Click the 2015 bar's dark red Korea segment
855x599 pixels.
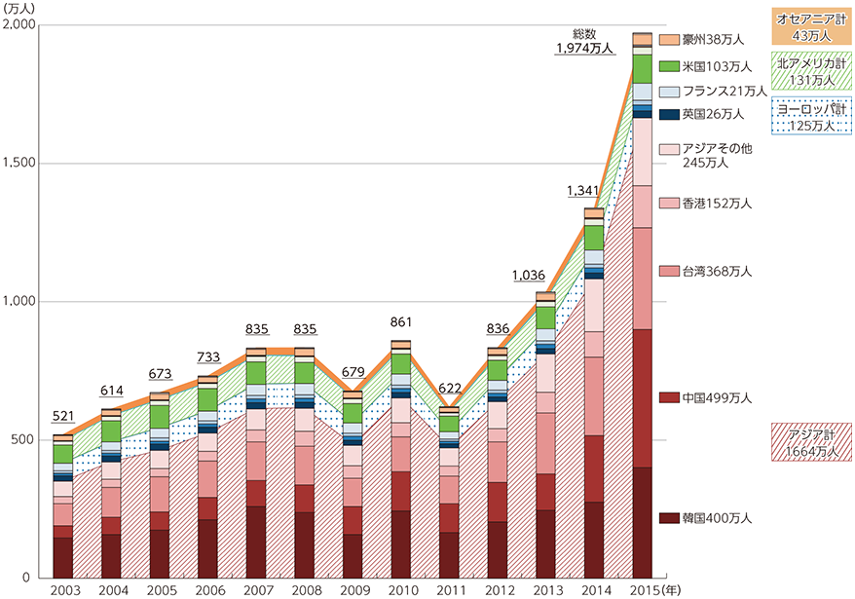(x=642, y=522)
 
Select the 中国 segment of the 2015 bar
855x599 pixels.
(x=642, y=398)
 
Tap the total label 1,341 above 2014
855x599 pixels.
(x=583, y=193)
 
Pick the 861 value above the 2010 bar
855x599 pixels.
(x=399, y=325)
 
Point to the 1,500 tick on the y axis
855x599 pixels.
(x=22, y=164)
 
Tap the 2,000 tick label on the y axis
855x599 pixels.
(x=22, y=26)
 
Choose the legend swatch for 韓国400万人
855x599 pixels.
(x=668, y=518)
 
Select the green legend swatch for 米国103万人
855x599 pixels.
(x=668, y=66)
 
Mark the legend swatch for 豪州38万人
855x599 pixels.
(x=668, y=40)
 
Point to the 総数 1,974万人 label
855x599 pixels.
(x=585, y=40)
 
